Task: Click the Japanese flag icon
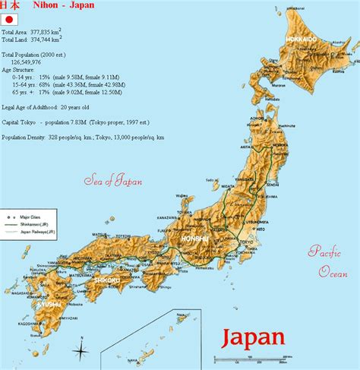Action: [x=9, y=20]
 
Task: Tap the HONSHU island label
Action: [x=194, y=239]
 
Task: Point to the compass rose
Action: [x=81, y=349]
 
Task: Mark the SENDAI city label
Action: [x=271, y=184]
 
